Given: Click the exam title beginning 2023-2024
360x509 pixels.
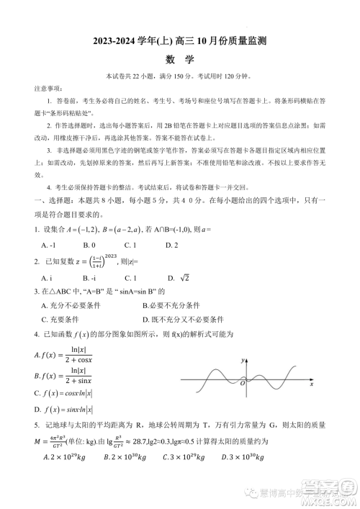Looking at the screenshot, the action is (x=179, y=43).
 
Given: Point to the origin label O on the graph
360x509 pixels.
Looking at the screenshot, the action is (x=242, y=383).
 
